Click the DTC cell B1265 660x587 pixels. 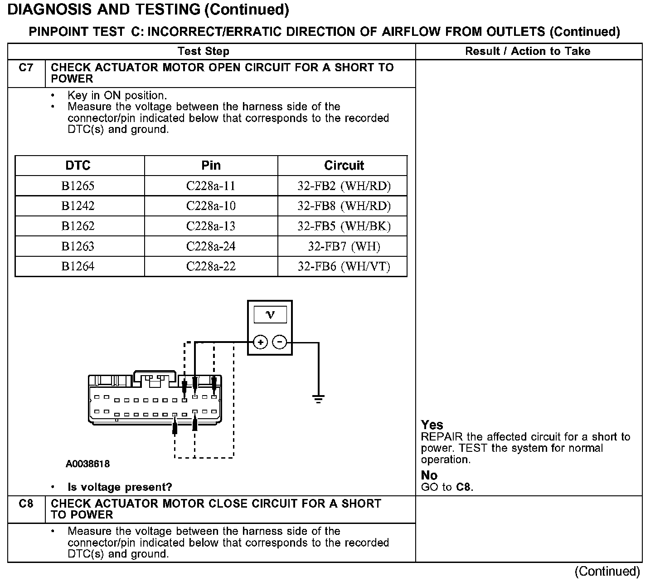(x=78, y=186)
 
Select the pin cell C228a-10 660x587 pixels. (x=211, y=206)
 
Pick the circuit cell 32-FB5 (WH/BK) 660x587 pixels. (x=344, y=226)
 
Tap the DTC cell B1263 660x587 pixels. (x=78, y=246)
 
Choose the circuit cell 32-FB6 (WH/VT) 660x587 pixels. (x=344, y=266)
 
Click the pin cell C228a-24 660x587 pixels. (x=211, y=246)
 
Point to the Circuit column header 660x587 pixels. (x=344, y=166)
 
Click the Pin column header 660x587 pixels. (x=211, y=166)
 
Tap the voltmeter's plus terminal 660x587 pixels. (x=260, y=342)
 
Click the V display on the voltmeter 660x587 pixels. (x=270, y=314)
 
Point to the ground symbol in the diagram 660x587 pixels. (x=318, y=399)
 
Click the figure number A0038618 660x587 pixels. (x=87, y=464)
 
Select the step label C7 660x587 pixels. (x=26, y=68)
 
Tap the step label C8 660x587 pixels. (x=26, y=504)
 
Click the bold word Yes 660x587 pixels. (x=432, y=425)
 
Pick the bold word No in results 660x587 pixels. (x=429, y=475)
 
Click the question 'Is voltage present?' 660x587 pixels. (x=120, y=487)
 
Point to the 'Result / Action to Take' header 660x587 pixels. (x=528, y=51)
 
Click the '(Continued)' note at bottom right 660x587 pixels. (x=607, y=572)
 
